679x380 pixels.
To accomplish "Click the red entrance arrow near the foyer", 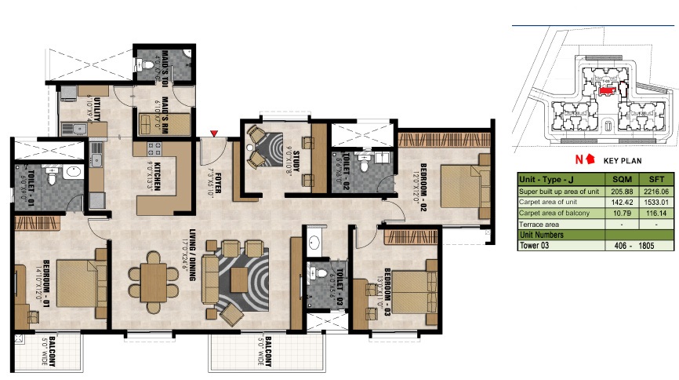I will coord(213,135).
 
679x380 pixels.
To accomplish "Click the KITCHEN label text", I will coord(157,177).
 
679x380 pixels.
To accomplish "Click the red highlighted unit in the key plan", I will coord(606,90).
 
